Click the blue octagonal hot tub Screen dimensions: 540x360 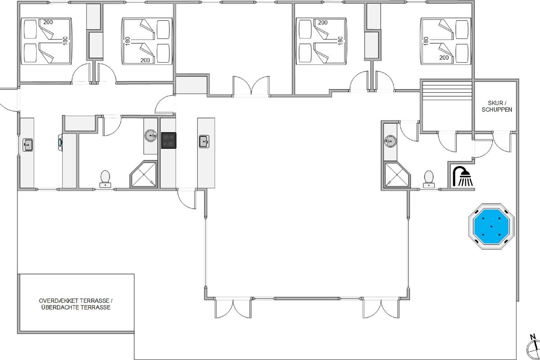tap(491, 226)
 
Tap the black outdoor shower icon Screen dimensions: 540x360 tap(463, 176)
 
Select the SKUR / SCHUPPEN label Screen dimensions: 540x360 tap(497, 106)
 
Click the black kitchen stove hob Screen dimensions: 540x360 tap(168, 140)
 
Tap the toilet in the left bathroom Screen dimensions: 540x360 tap(105, 179)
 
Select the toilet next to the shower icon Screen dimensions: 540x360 tap(428, 179)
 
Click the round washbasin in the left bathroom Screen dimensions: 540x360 tap(151, 135)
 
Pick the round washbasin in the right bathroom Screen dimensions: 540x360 tap(390, 141)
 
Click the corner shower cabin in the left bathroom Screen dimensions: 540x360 tap(144, 174)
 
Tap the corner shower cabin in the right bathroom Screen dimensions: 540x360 tap(397, 175)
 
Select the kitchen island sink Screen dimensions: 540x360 tap(204, 142)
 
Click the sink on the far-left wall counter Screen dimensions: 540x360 tap(28, 145)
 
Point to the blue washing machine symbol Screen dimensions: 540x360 tap(60, 142)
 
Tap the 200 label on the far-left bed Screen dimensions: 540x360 tap(48, 22)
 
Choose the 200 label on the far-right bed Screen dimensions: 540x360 tap(444, 58)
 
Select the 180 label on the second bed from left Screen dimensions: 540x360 tap(127, 41)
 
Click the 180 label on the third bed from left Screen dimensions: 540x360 tap(340, 41)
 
